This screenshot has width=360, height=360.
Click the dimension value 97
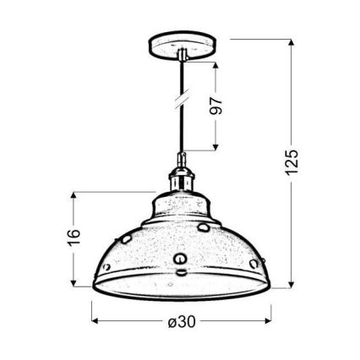[x=215, y=105]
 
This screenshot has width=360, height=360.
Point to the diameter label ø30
[x=182, y=322]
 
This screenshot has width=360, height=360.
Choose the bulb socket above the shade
[x=180, y=178]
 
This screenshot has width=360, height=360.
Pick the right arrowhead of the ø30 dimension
[x=268, y=322]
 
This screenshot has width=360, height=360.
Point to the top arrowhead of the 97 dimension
[x=215, y=65]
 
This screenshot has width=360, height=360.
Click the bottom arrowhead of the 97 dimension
[x=215, y=148]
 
